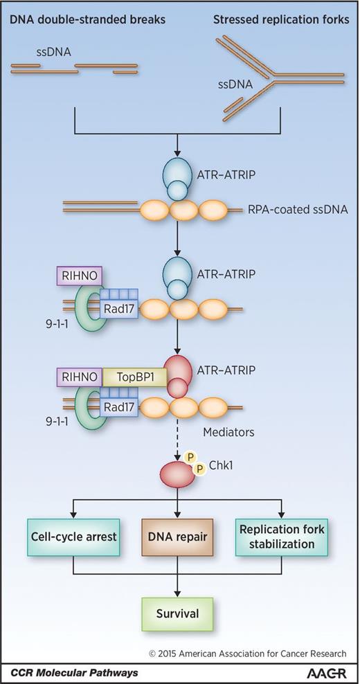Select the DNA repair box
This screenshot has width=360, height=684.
(179, 537)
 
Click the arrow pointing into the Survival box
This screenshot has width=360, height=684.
(179, 585)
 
